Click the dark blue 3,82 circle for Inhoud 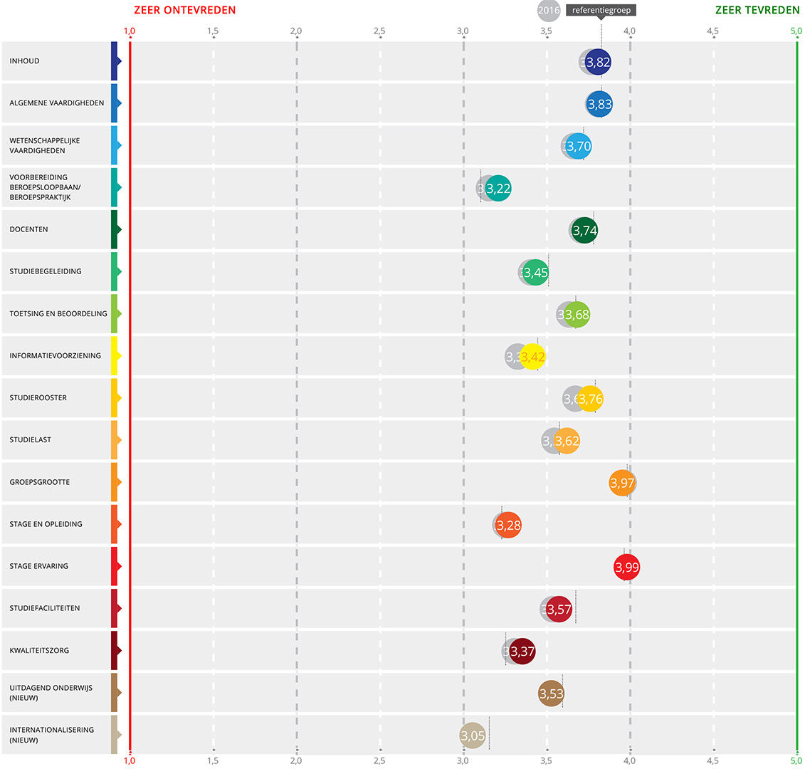click(x=599, y=62)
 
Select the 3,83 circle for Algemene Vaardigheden click(x=600, y=104)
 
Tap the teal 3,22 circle click(x=499, y=189)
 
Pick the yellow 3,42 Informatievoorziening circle click(x=533, y=357)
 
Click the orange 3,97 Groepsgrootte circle click(x=622, y=483)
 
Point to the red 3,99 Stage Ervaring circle click(x=626, y=567)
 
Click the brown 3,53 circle click(x=552, y=694)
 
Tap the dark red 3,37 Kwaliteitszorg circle click(x=522, y=652)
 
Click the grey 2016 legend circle click(x=548, y=11)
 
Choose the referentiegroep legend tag click(x=601, y=11)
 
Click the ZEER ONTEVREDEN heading click(x=185, y=11)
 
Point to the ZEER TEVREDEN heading click(x=757, y=11)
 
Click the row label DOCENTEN click(x=29, y=229)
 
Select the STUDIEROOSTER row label click(x=38, y=397)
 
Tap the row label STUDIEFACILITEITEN click(x=45, y=608)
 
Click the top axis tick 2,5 click(x=379, y=31)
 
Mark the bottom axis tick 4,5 click(x=712, y=760)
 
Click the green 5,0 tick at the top click(x=796, y=31)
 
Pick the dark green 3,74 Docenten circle click(x=584, y=231)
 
